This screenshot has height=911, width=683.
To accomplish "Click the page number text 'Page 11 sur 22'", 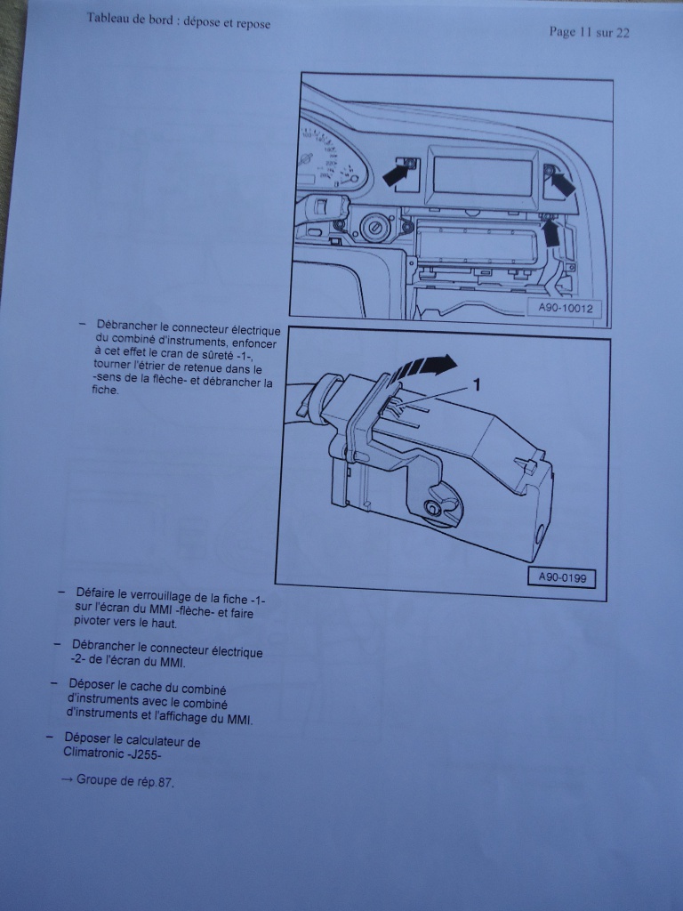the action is tap(589, 32).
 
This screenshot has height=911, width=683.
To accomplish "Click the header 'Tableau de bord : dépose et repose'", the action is tap(178, 20).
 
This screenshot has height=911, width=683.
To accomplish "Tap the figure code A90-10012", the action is tap(565, 308).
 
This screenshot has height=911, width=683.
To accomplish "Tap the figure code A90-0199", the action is tap(562, 577).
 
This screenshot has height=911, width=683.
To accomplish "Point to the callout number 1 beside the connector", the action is tap(478, 384).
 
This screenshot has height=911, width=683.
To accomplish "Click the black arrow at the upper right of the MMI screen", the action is tap(562, 183).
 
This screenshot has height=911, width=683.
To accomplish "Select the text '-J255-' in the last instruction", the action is tap(142, 754).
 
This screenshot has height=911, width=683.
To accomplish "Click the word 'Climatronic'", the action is tap(92, 753).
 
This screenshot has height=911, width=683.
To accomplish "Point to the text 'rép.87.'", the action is tap(157, 782).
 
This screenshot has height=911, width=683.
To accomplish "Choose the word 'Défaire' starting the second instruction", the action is tap(94, 593).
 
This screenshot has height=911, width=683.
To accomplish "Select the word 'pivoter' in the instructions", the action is tap(92, 621).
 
